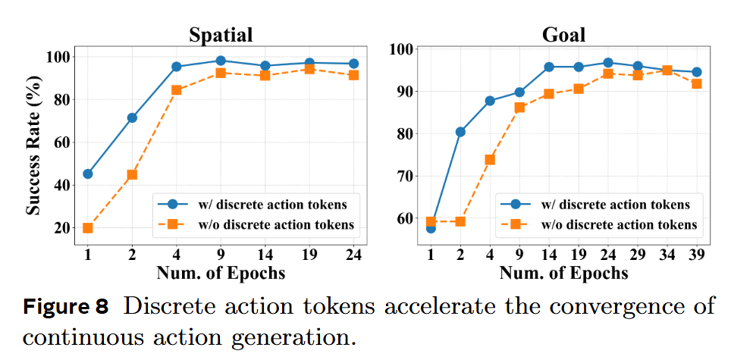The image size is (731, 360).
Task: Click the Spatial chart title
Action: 220,35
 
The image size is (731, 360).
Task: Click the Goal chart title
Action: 563,35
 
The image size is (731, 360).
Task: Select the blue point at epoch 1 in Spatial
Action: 88,174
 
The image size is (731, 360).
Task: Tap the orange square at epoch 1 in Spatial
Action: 88,227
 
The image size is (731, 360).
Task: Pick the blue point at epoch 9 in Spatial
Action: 221,61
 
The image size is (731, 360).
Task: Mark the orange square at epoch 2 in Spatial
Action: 132,174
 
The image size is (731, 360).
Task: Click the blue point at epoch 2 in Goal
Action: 460,132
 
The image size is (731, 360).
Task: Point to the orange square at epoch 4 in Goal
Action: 490,160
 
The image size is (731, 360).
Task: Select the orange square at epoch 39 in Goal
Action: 696,84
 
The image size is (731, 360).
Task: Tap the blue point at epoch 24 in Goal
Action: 607,63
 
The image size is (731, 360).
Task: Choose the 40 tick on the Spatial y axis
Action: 61,185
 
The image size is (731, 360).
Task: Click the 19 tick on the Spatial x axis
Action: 309,255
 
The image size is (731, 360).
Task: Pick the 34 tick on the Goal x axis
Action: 667,255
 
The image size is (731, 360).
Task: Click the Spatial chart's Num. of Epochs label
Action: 221,272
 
